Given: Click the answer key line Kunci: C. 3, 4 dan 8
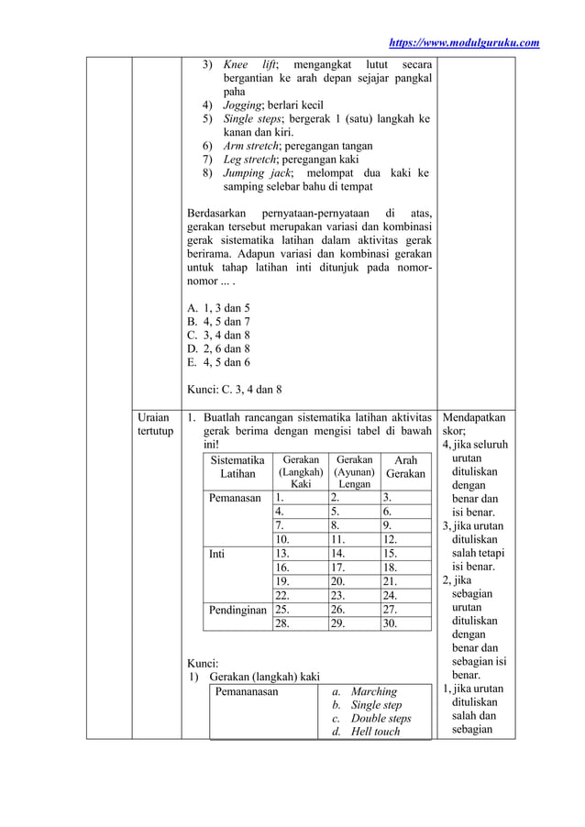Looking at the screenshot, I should tap(234, 389).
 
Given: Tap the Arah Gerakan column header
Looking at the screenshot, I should tap(404, 467).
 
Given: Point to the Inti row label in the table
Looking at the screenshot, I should tap(216, 554).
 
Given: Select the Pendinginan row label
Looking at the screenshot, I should tap(237, 609).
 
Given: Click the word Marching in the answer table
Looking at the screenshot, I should tap(373, 691).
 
